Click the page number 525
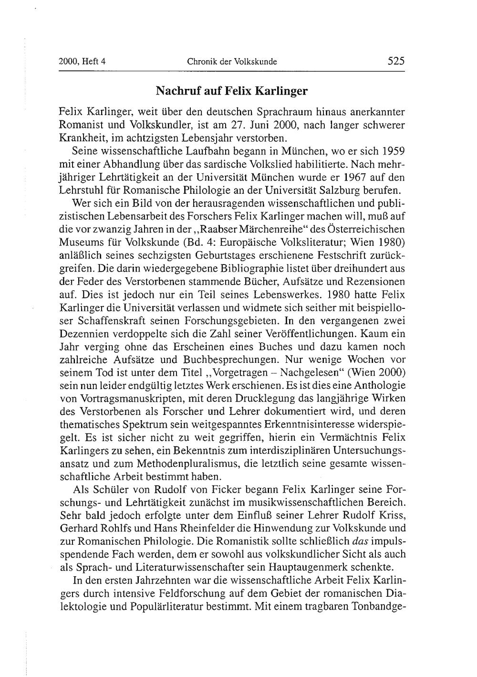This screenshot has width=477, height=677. [x=396, y=61]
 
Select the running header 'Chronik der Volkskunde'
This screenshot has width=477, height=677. [x=232, y=62]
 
